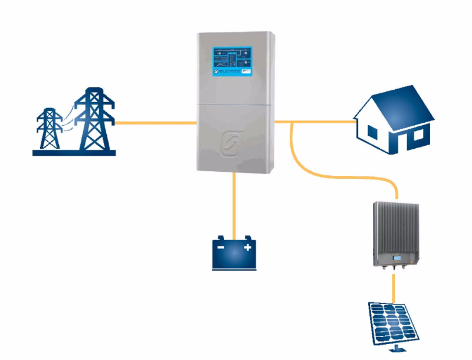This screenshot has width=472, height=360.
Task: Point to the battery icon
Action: tap(234, 254)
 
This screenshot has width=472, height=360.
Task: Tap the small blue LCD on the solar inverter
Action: tap(397, 258)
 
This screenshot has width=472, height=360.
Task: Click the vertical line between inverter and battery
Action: tap(234, 204)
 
